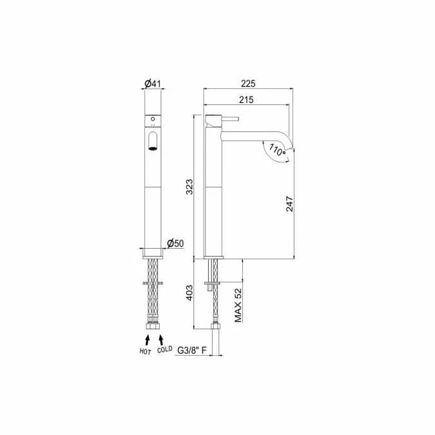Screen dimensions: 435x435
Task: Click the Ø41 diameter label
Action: (x=152, y=83)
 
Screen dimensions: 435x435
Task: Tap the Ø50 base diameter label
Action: (x=175, y=243)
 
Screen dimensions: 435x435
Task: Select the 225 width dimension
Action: (x=248, y=83)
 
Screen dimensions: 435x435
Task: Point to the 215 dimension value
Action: (x=245, y=99)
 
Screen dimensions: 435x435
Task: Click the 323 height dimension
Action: (x=188, y=188)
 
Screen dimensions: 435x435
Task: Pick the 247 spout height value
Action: (x=291, y=204)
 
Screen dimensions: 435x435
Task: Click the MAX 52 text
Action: (x=238, y=305)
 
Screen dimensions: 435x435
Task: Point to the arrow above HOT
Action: (x=147, y=338)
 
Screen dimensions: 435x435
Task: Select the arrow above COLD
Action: (x=161, y=338)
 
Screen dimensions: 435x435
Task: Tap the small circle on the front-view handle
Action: (x=153, y=119)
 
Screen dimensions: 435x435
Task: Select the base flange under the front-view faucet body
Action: (x=153, y=253)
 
